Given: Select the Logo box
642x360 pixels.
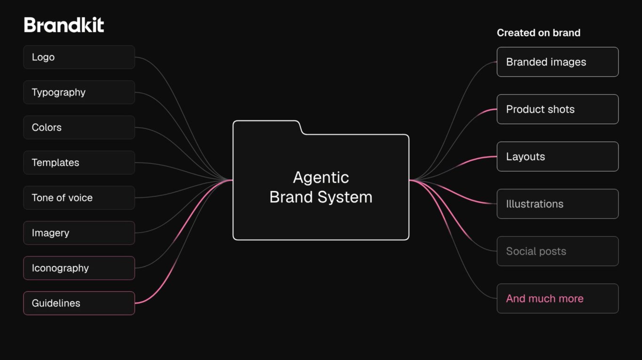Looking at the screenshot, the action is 79,57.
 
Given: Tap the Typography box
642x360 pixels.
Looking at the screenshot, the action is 79,92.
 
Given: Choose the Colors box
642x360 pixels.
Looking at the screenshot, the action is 79,127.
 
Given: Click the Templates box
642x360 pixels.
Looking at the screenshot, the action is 79,163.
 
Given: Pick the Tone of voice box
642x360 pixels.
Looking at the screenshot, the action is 79,198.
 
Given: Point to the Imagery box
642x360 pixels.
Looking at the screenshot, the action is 79,233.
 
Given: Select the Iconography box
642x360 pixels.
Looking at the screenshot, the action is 79,268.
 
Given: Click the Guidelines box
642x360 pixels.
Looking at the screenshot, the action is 79,303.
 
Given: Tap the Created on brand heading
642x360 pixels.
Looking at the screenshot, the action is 539,33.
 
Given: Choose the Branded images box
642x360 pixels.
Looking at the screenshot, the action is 558,62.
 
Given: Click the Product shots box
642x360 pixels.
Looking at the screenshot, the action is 558,109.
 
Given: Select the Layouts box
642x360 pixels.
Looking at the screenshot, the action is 558,157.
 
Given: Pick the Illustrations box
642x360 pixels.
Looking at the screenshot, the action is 558,204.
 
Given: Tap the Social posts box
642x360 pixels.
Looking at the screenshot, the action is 558,251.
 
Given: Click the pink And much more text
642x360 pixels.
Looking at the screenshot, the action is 545,298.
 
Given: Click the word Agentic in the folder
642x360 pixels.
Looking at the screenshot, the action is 321,178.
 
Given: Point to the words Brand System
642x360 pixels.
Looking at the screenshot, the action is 321,197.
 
